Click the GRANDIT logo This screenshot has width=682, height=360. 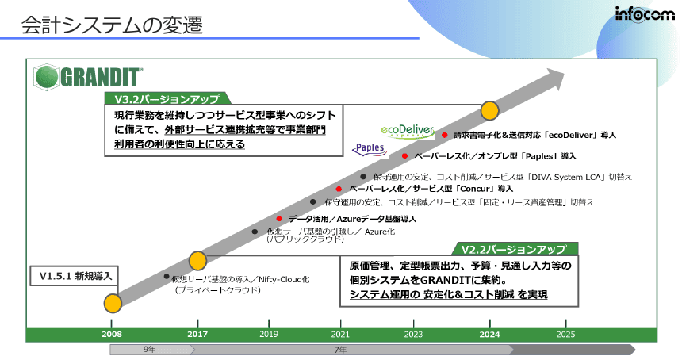click(x=89, y=77)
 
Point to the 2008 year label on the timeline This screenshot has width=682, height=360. click(x=113, y=335)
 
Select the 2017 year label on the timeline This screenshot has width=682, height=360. click(x=197, y=335)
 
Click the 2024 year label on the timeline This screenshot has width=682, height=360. click(x=489, y=335)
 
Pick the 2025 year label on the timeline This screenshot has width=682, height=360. click(x=565, y=335)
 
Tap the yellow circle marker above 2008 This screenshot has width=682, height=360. click(x=113, y=302)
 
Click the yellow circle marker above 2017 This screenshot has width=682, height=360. click(x=197, y=260)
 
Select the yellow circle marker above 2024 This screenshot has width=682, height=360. click(x=489, y=109)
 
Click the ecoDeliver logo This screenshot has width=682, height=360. click(x=404, y=131)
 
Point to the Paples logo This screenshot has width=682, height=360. click(x=370, y=148)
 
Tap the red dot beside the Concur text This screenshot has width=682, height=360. click(x=339, y=190)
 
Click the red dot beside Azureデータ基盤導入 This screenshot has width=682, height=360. click(x=279, y=218)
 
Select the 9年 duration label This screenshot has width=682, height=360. click(x=149, y=349)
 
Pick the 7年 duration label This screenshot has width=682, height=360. click(x=339, y=349)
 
